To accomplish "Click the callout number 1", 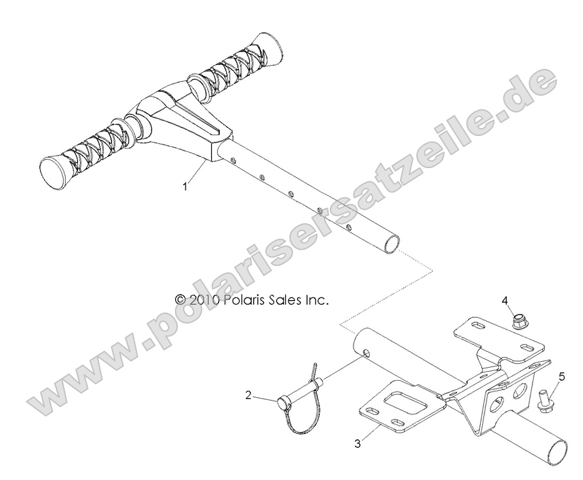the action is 186,186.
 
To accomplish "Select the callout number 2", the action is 249,395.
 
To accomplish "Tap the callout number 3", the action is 357,443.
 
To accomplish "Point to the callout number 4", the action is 505,300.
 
